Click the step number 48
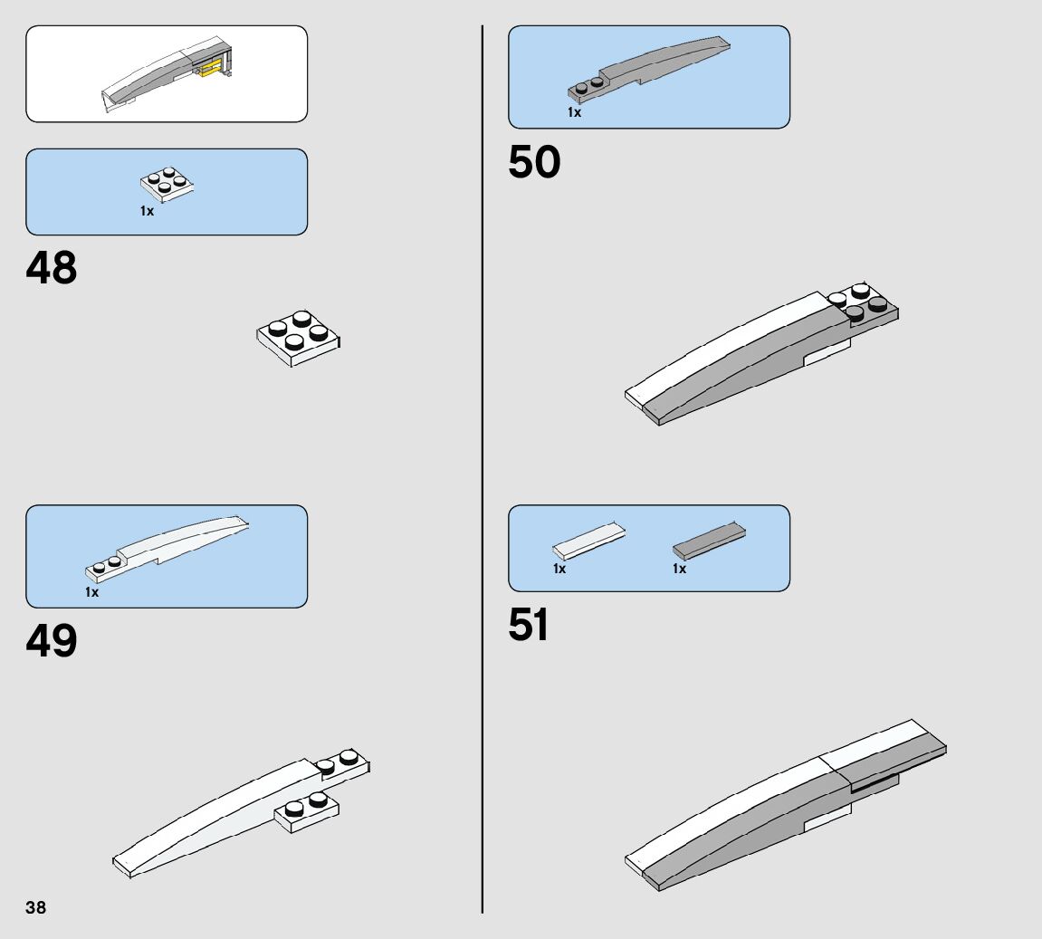(x=52, y=269)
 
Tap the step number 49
(x=52, y=641)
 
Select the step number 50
(x=534, y=163)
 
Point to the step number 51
(x=529, y=626)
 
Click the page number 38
(x=36, y=907)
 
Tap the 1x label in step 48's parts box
(x=147, y=211)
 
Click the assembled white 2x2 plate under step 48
(x=299, y=339)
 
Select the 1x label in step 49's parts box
(x=92, y=592)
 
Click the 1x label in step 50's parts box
(x=574, y=113)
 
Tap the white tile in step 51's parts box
(x=588, y=541)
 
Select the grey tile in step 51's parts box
(x=709, y=541)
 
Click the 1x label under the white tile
(x=559, y=569)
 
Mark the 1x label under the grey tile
(x=679, y=569)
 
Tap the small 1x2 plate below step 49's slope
(x=307, y=811)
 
